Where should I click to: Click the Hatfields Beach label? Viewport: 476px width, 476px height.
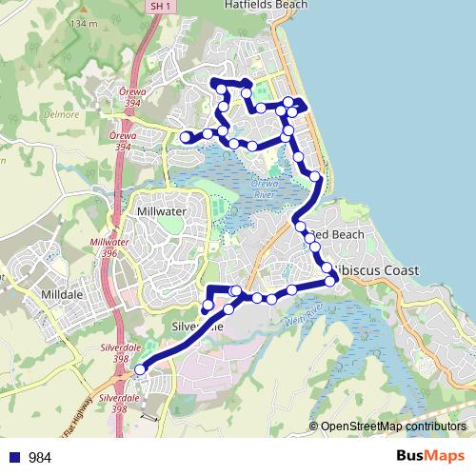[x=239, y=5]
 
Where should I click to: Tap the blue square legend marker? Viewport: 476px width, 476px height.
[x=12, y=457]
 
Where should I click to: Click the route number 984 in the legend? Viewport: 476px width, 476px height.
[x=40, y=458]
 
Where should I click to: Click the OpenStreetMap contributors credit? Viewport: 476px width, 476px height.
[x=393, y=426]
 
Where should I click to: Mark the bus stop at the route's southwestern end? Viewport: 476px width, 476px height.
[x=141, y=369]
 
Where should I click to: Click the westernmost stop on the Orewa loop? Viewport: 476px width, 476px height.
[x=186, y=138]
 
